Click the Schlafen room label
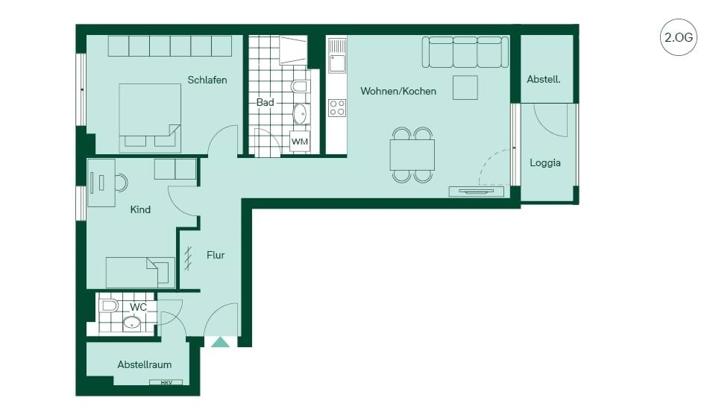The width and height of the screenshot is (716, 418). click(207, 80)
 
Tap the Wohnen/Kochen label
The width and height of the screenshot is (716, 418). click(398, 91)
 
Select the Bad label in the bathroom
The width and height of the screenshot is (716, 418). click(265, 102)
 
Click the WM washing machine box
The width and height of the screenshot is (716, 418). click(300, 142)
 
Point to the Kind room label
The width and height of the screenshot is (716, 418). click(140, 209)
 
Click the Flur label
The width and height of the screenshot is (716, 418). click(216, 255)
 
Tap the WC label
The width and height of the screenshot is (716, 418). click(138, 307)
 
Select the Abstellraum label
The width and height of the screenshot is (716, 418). click(144, 364)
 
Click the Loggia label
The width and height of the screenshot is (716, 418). click(545, 163)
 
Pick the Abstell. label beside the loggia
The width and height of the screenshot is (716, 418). click(544, 80)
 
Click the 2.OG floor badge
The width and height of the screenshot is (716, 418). click(679, 37)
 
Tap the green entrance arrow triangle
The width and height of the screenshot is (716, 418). click(220, 342)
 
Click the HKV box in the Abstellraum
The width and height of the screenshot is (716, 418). click(166, 382)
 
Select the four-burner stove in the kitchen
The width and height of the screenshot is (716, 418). click(337, 108)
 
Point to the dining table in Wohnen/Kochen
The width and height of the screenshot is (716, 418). click(412, 155)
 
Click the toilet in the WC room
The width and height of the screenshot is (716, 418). click(109, 305)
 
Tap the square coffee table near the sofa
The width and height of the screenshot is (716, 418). click(465, 88)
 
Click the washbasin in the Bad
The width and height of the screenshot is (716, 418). click(300, 114)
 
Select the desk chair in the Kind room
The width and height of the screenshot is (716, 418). click(122, 183)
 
